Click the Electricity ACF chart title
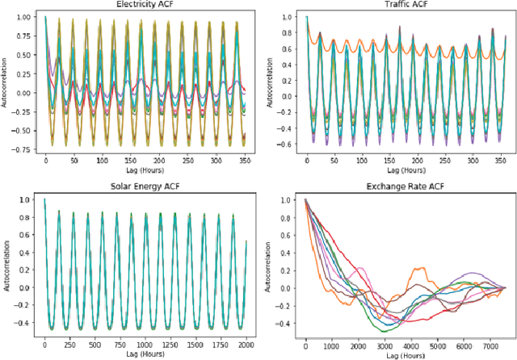coord(144,5)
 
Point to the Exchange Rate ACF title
coord(407,187)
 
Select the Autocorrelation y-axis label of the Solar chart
coord(6,263)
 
